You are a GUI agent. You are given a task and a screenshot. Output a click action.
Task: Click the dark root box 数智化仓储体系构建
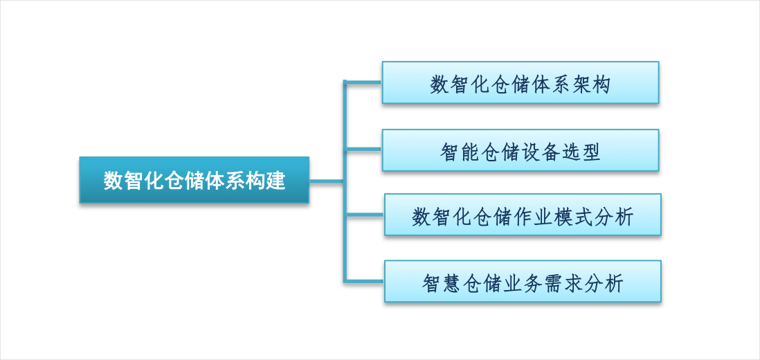pos(194,180)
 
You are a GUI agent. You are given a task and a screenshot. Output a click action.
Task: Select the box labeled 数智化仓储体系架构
pos(520,82)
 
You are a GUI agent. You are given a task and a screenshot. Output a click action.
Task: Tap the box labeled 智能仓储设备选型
pos(520,150)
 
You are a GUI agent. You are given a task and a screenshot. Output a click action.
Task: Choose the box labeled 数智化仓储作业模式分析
pos(523,215)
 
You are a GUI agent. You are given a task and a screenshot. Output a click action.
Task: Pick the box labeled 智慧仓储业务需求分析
pos(523,282)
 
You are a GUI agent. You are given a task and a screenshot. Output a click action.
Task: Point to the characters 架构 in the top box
pos(591,84)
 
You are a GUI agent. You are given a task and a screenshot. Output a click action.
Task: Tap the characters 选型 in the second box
pos(582,152)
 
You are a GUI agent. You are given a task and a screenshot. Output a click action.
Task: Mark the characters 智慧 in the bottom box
pos(440,284)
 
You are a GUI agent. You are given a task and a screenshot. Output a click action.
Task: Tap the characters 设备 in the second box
pos(541,152)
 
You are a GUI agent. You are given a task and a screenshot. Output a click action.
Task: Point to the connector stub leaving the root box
pos(326,181)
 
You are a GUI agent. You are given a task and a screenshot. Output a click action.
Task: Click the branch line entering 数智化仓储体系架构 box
pos(363,82)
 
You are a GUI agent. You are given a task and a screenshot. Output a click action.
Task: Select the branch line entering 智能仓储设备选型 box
pos(363,150)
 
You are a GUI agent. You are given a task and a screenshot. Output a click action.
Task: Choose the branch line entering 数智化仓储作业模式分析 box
pos(364,214)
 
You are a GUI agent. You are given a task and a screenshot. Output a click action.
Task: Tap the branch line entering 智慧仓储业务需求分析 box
pos(364,280)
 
